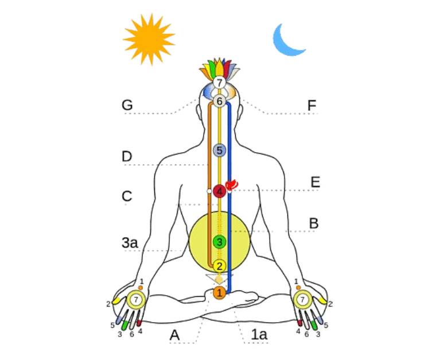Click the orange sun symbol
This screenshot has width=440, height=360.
tap(148, 38)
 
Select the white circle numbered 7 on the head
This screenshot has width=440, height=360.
tap(219, 83)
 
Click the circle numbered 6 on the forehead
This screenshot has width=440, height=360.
tap(219, 101)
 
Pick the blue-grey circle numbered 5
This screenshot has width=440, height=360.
tap(219, 150)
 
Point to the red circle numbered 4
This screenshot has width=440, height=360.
tap(219, 191)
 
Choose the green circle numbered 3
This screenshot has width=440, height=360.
tap(219, 242)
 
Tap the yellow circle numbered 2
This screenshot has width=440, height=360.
tap(219, 266)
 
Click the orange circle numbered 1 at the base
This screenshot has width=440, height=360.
tap(219, 293)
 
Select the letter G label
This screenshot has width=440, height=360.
tap(127, 106)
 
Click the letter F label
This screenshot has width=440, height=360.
tap(311, 106)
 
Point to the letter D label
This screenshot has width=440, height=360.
tap(127, 156)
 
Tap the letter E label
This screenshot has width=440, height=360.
tap(315, 183)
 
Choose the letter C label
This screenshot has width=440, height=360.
tap(127, 196)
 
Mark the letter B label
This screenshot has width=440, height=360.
tap(313, 223)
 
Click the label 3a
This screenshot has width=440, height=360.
tap(130, 243)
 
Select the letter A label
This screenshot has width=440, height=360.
tap(175, 335)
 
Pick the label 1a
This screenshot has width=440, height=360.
tap(260, 335)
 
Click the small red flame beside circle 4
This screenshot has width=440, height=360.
tap(232, 184)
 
